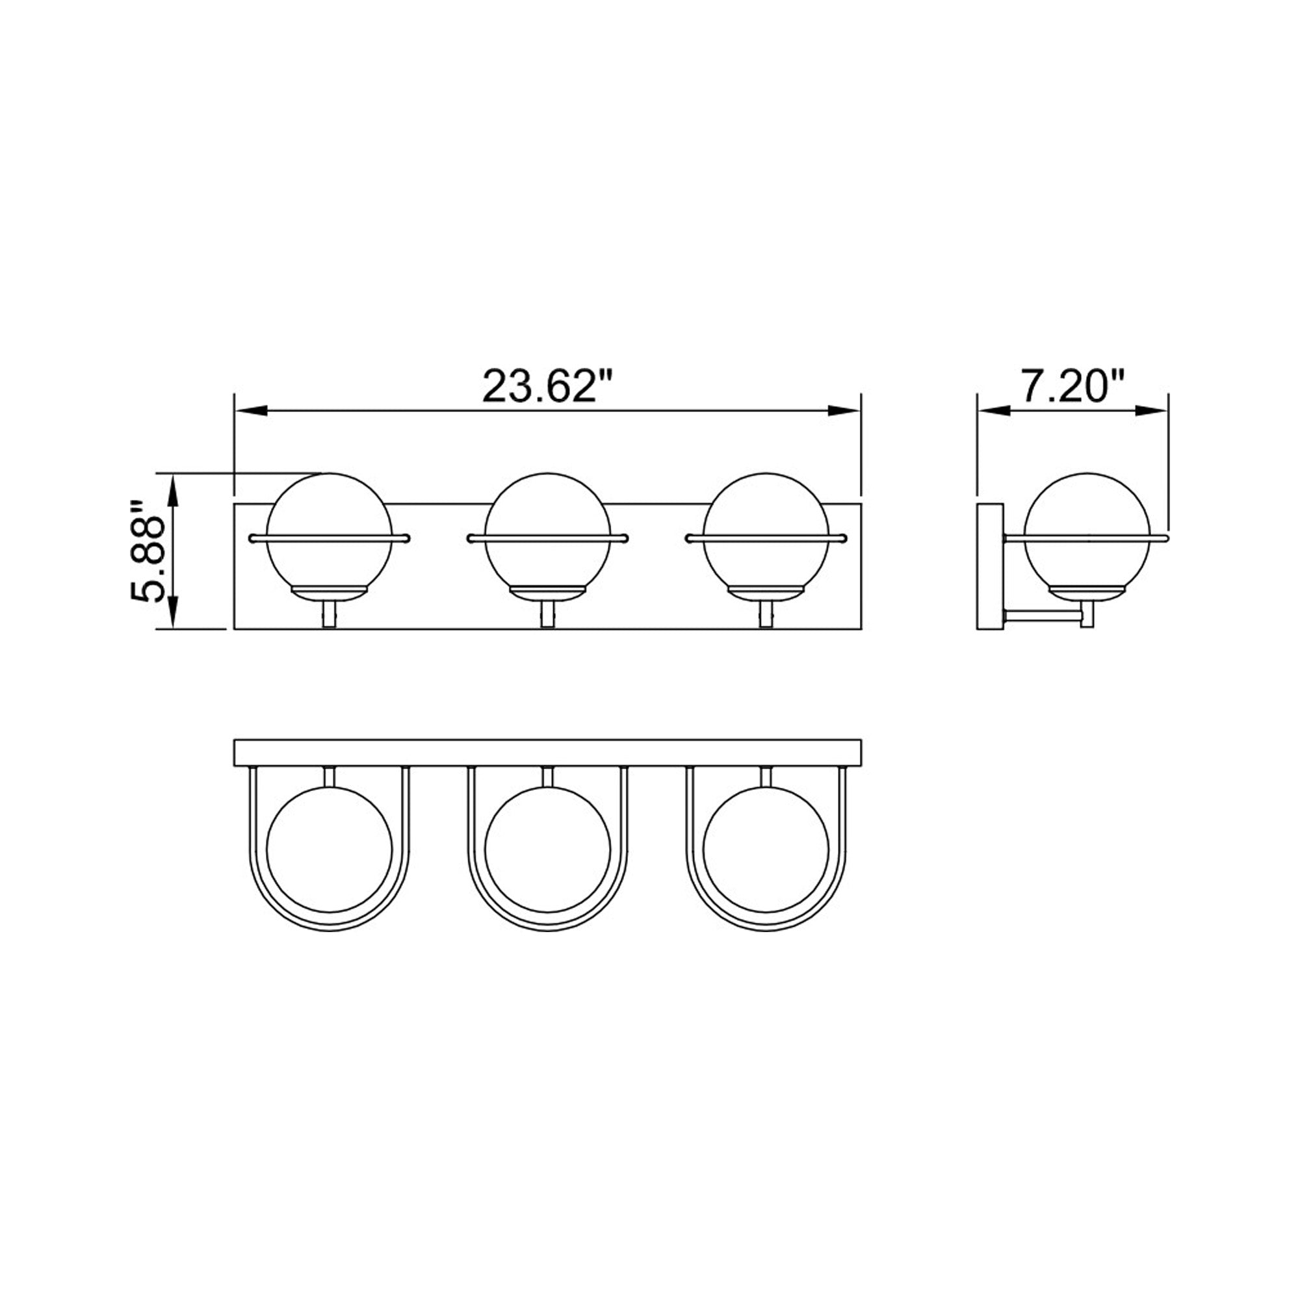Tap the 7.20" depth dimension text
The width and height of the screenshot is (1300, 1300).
click(x=1073, y=386)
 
